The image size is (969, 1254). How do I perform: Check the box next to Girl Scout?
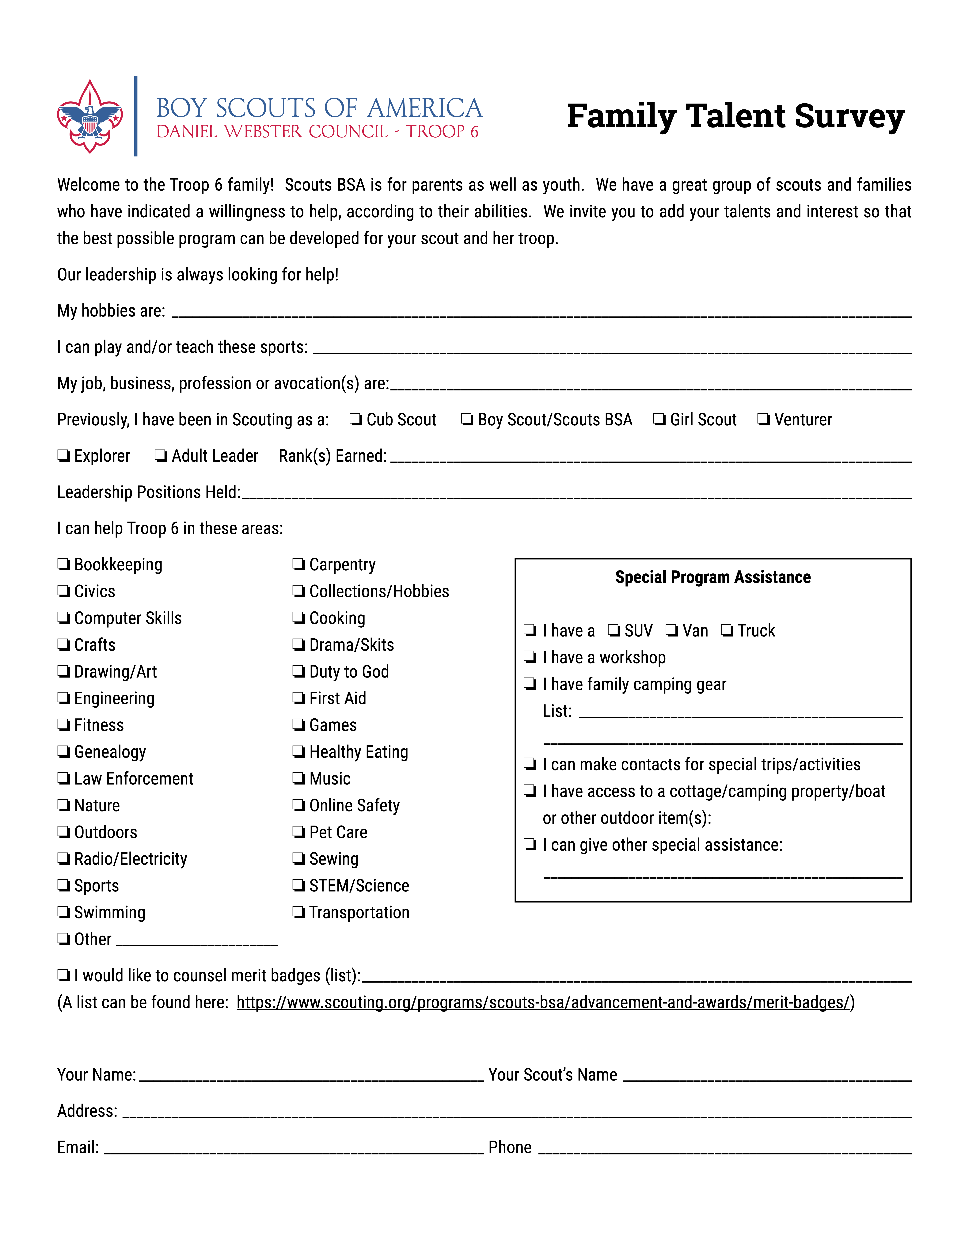(x=659, y=420)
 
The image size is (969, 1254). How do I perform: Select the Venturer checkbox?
(x=763, y=420)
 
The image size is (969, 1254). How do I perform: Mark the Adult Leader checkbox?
(x=161, y=456)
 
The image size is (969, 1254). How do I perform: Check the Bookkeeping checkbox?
(x=63, y=564)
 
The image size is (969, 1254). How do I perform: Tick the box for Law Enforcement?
(x=63, y=779)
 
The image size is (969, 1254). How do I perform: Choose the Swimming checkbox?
(x=63, y=912)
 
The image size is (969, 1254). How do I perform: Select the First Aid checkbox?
(x=298, y=698)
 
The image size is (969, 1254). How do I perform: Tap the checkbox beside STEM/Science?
(x=298, y=885)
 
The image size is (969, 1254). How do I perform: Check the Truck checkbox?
(x=727, y=630)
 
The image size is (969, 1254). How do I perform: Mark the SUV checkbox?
(x=614, y=630)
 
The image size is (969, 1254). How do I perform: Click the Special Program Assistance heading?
(x=712, y=577)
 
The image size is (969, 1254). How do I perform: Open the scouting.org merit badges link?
(x=542, y=1002)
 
